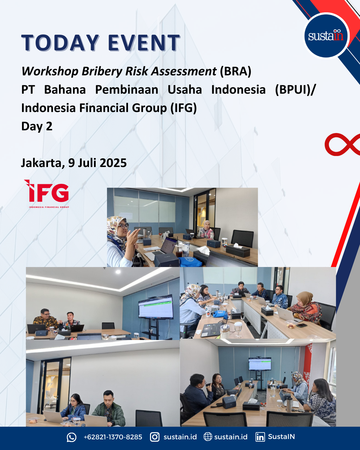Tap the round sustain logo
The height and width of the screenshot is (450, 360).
(x=326, y=36)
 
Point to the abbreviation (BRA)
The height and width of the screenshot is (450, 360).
(x=235, y=71)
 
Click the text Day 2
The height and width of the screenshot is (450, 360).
(x=37, y=127)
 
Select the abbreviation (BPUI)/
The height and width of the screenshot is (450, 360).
(x=295, y=90)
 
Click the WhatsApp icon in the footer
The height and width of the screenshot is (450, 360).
(x=71, y=437)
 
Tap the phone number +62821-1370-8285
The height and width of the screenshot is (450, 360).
(x=113, y=437)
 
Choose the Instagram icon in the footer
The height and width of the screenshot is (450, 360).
(x=155, y=437)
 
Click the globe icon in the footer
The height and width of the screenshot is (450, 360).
(x=208, y=437)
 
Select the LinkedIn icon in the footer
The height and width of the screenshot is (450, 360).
(x=260, y=437)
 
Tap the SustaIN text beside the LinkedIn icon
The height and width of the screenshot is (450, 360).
(x=281, y=437)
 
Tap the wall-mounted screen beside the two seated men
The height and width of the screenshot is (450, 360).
(x=156, y=307)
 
